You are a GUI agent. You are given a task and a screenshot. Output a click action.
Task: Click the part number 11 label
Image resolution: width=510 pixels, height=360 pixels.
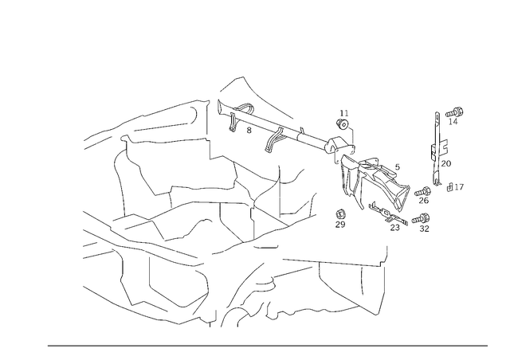tap(344, 113)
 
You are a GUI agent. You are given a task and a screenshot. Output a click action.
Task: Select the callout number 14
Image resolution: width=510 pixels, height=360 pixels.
tap(453, 122)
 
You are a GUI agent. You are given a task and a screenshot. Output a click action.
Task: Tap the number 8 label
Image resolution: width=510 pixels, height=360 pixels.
tap(249, 130)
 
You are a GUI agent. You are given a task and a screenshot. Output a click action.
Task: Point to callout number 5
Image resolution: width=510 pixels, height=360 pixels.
tap(397, 166)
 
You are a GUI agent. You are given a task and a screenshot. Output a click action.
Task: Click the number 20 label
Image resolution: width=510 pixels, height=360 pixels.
tap(446, 163)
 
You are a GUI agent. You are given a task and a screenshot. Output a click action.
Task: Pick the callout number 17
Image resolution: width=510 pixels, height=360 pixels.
tap(459, 187)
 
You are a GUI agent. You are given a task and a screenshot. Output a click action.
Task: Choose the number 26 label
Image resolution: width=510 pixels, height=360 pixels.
tap(423, 201)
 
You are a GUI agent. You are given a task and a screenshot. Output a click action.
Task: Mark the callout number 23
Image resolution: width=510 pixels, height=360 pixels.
tap(395, 227)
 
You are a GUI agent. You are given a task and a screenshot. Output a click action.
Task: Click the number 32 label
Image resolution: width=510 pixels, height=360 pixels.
tap(424, 229)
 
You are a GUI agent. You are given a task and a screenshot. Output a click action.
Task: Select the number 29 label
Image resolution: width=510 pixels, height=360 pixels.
tap(340, 225)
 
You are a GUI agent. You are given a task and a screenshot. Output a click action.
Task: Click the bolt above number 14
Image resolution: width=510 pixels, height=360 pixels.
tap(455, 112)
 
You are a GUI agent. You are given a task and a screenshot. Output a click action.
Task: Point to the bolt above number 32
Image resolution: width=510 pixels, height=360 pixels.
tap(421, 219)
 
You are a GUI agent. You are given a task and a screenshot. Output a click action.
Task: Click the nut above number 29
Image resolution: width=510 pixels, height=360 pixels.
tap(340, 214)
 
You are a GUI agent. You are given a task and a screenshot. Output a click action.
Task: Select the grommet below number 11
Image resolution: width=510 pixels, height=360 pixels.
tap(342, 123)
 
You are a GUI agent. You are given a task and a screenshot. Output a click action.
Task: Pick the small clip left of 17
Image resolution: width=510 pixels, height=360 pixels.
tap(450, 187)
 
